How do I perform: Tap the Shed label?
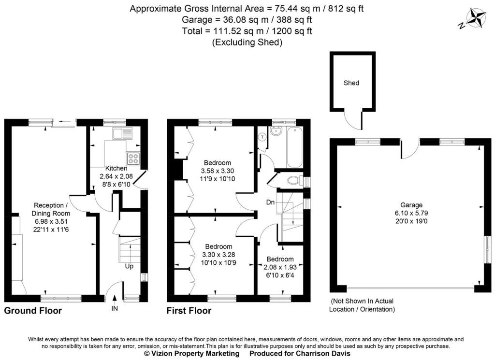tap(351, 83)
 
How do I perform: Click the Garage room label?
tap(411, 205)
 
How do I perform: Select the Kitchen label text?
tap(116, 168)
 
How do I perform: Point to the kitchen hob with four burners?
tap(133, 158)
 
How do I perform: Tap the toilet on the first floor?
tap(295, 180)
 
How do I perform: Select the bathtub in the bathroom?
tap(295, 147)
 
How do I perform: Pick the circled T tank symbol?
tap(262, 137)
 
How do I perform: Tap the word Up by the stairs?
tap(129, 266)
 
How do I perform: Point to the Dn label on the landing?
tap(270, 202)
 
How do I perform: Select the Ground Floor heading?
tap(33, 311)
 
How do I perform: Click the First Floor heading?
tap(189, 311)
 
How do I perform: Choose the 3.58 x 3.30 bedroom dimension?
tap(218, 171)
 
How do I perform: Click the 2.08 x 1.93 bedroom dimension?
tap(280, 267)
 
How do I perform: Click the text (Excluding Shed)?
tap(247, 42)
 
